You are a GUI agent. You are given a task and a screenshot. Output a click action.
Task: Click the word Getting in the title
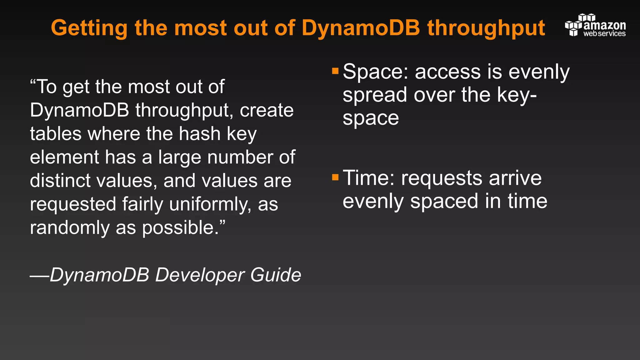tap(89, 28)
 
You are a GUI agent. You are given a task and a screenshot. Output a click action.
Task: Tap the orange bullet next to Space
tap(335, 71)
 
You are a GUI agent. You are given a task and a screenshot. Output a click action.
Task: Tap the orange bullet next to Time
tap(335, 177)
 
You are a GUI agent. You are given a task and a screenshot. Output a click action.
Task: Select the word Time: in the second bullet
tap(368, 178)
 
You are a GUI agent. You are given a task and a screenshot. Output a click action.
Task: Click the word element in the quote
tap(64, 157)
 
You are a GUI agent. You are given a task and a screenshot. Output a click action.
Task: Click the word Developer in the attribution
tap(200, 275)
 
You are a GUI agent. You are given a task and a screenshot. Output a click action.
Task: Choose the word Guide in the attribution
tap(275, 275)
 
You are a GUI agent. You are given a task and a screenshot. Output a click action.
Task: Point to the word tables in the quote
tap(56, 134)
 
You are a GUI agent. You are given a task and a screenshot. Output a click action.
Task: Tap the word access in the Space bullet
tap(448, 72)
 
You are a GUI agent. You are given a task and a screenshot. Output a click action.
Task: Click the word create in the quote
tap(267, 110)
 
